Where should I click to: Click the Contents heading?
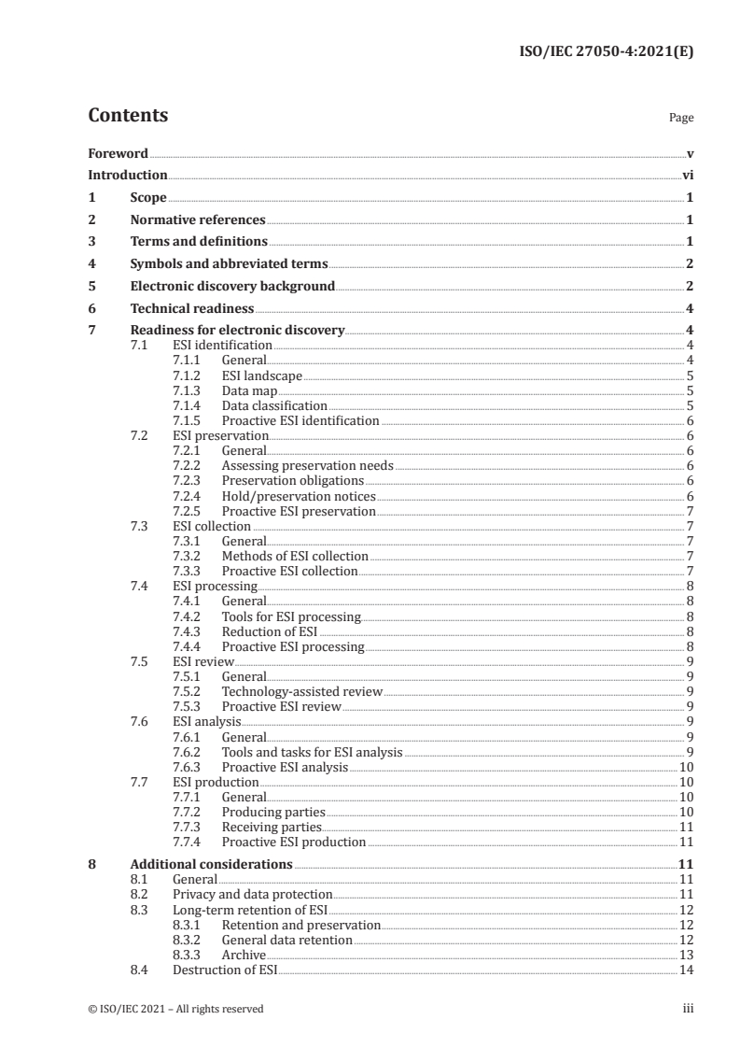(x=128, y=116)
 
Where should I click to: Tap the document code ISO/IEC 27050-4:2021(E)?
(x=605, y=52)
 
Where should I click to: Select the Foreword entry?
(x=118, y=153)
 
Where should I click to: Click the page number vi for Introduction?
(x=686, y=176)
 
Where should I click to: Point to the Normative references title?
(x=198, y=220)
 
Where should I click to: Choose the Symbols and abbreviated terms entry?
(x=229, y=264)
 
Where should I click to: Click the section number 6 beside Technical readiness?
(x=91, y=308)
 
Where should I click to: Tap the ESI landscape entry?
(x=261, y=376)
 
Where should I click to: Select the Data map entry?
(x=249, y=391)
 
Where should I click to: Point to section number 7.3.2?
(x=189, y=556)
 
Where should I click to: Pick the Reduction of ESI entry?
(x=270, y=630)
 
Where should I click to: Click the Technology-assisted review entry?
(x=302, y=691)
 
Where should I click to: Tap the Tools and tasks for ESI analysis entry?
(x=312, y=752)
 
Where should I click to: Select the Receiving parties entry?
(x=272, y=827)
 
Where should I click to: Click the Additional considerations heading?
(x=211, y=865)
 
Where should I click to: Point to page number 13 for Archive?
(x=685, y=955)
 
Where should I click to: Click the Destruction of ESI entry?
(x=226, y=970)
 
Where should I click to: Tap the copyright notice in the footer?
(x=175, y=1009)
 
